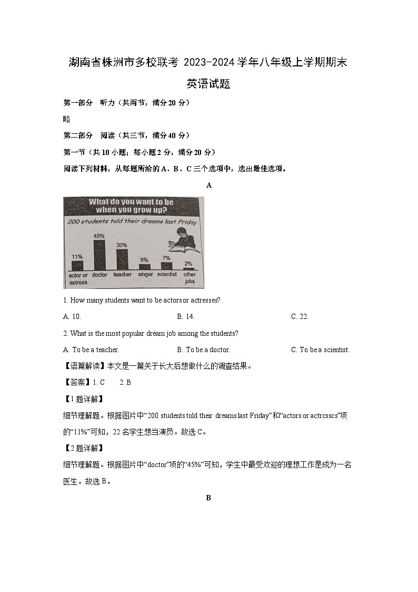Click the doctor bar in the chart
coord(99,255)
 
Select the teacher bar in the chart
coord(122,259)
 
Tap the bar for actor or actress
coord(77,265)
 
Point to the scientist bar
coord(166,266)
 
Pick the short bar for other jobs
coord(188,268)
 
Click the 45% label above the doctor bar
coord(98,236)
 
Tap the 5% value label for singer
coord(144,260)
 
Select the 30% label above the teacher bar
coord(122,245)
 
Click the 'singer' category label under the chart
coord(145,275)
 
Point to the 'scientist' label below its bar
coord(167,275)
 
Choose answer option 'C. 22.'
coord(300,316)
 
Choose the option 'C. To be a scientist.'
coord(320,350)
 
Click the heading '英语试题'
coord(208,84)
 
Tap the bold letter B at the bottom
coord(208,498)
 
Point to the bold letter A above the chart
coord(209,185)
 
